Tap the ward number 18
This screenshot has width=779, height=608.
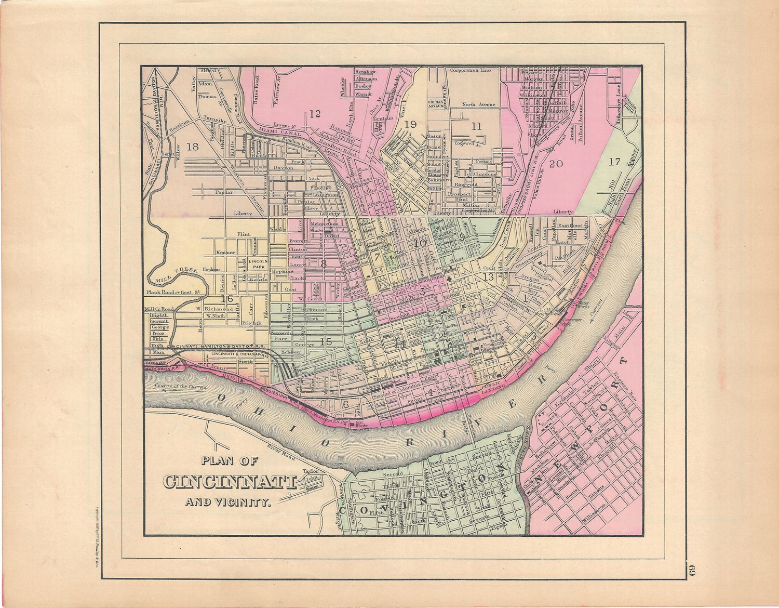point(193,147)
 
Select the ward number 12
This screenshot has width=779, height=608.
point(314,114)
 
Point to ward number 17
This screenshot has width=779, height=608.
point(614,162)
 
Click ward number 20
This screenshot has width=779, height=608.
point(556,164)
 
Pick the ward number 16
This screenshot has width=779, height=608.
point(226,299)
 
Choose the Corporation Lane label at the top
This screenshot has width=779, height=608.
point(470,70)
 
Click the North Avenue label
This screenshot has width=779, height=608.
point(479,105)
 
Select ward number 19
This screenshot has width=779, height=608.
point(410,124)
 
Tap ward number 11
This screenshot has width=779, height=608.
point(476,126)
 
